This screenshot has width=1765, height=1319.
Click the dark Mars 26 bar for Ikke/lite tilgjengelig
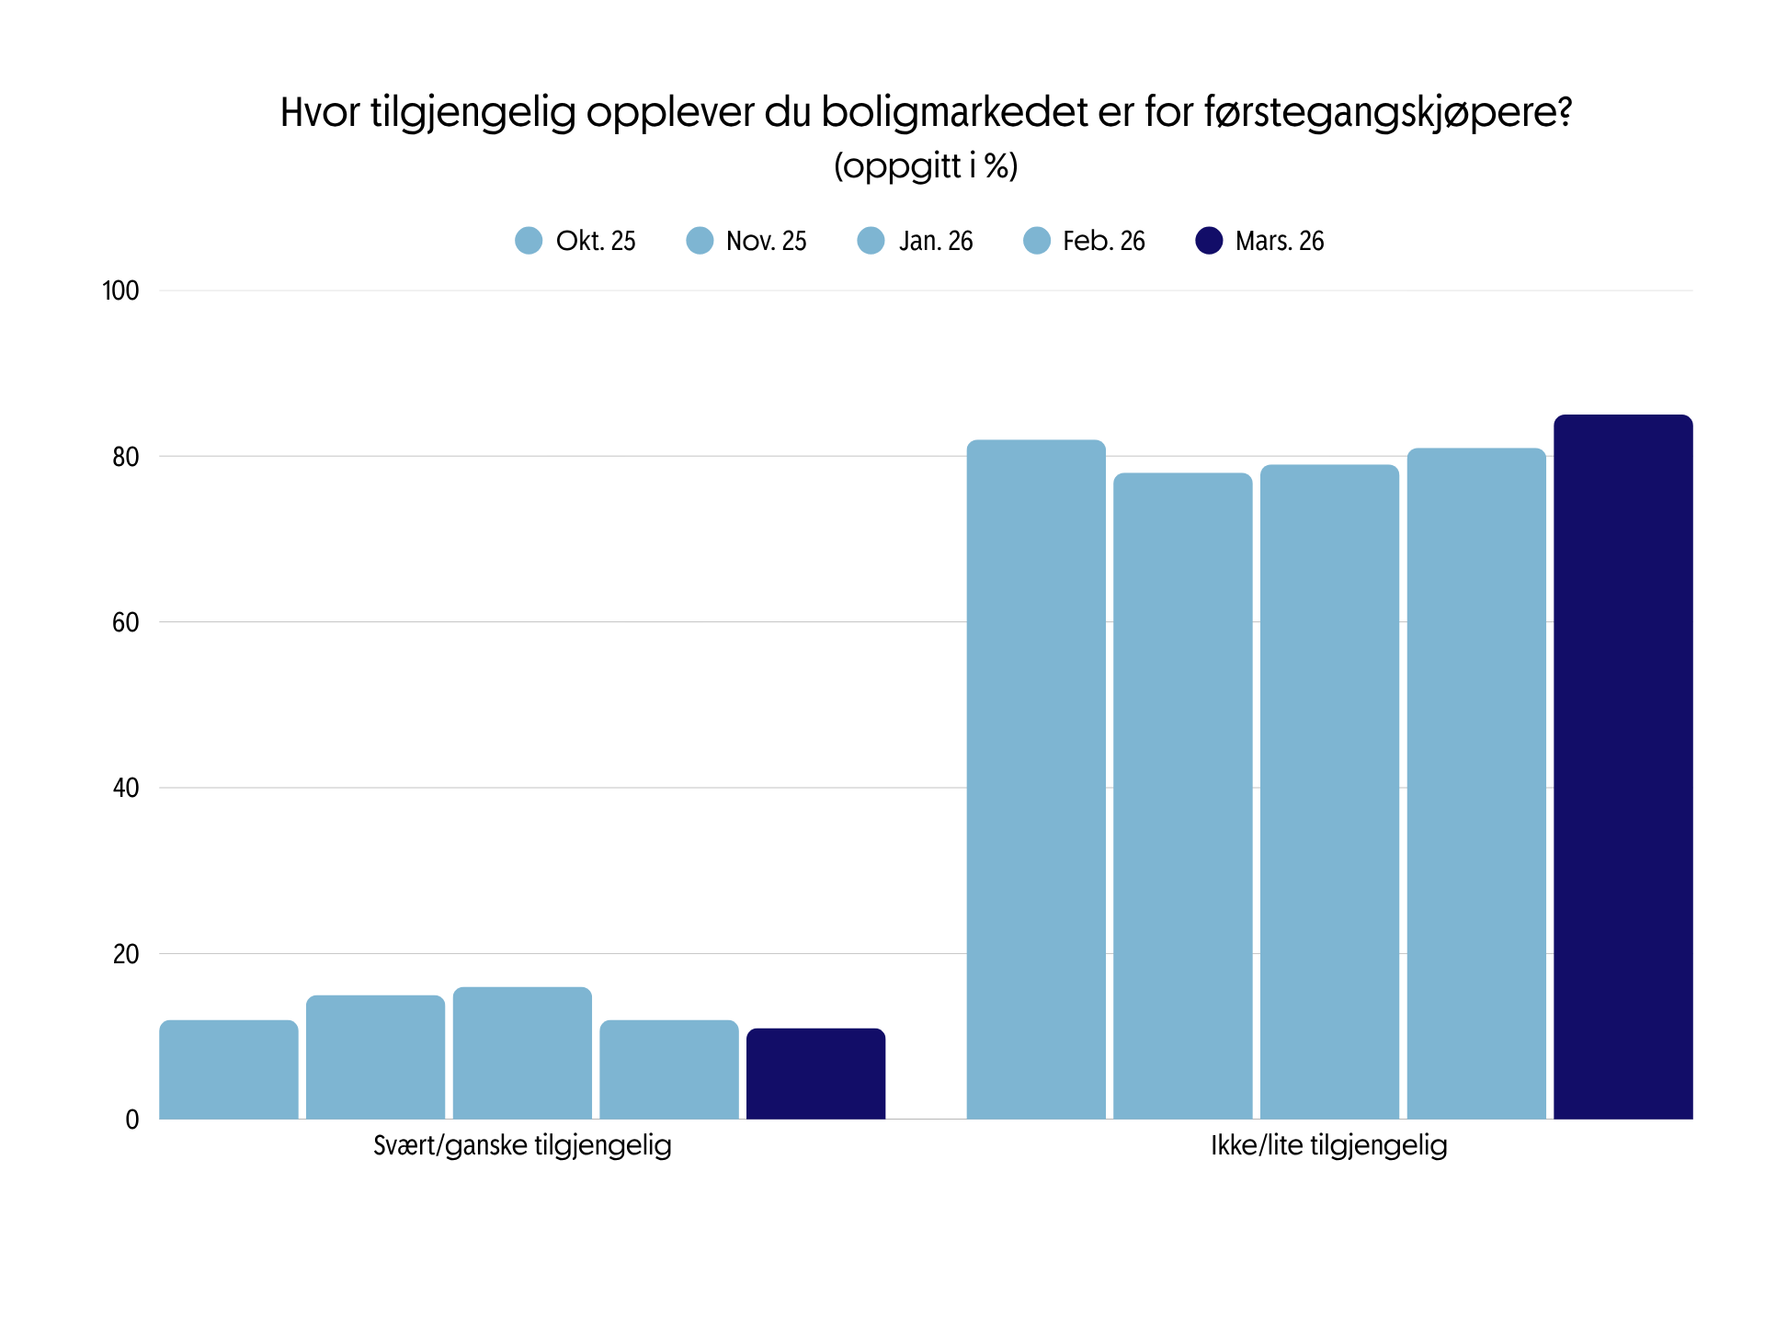1623,767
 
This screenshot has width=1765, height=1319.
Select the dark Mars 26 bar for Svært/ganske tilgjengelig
815,1074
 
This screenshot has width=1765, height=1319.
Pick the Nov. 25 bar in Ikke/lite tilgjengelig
1182,796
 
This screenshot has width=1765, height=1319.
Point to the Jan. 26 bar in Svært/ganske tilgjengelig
522,1053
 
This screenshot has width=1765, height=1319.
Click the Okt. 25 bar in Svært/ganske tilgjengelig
229,1070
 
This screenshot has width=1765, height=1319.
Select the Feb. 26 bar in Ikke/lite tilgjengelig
1476,783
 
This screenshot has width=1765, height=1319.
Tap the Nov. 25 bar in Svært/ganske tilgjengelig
375,1057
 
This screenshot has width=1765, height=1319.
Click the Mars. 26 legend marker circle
1209,241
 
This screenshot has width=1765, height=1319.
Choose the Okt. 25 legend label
596,241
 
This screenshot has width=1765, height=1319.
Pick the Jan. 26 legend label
936,241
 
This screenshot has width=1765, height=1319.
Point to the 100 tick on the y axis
120,291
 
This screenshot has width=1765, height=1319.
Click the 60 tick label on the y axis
126,623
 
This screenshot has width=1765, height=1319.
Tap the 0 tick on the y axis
132,1120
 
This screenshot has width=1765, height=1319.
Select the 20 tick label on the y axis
126,954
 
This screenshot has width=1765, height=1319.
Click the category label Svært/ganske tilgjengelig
522,1146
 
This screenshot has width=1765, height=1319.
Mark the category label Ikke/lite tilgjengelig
1328,1146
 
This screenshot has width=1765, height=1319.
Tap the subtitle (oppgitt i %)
926,166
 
